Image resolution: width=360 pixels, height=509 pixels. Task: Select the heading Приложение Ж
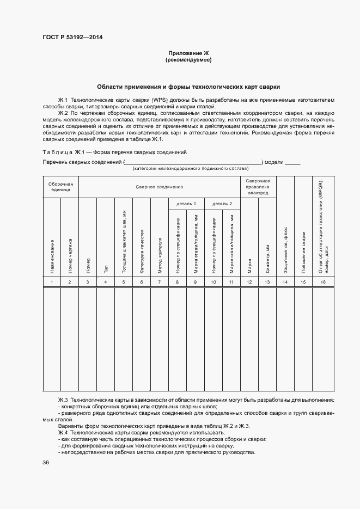point(188,53)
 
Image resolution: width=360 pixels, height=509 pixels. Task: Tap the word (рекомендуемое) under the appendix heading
point(188,60)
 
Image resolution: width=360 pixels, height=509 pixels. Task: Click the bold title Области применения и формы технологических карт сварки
point(188,87)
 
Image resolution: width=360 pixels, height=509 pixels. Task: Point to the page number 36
point(46,462)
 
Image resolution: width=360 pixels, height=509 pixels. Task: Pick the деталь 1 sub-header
point(177,204)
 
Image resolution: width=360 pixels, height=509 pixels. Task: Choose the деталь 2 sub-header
point(222,204)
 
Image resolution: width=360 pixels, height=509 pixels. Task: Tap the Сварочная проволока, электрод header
point(258,187)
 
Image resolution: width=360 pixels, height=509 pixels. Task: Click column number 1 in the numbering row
point(52,281)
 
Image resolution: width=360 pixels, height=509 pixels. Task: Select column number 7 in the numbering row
point(159,281)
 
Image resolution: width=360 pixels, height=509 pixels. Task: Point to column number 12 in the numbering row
point(249,281)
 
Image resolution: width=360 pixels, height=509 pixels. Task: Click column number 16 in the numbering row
point(323,281)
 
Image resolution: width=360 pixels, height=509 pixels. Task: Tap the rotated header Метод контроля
point(160,255)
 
